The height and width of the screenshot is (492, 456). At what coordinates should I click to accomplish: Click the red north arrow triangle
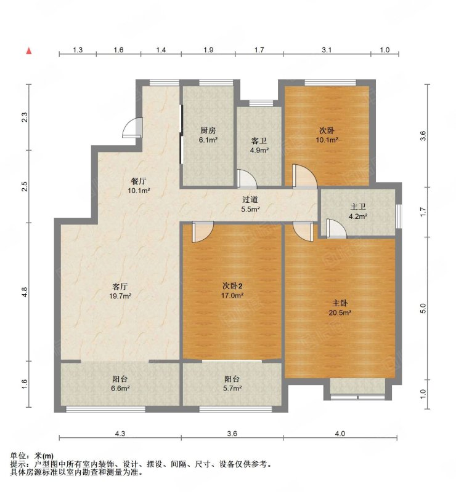click(29, 51)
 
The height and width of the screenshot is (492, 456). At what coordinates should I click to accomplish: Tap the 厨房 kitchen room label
click(208, 135)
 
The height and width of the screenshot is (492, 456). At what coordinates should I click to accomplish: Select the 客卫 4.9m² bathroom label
click(259, 146)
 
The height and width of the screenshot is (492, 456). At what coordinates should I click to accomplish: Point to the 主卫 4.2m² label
click(358, 212)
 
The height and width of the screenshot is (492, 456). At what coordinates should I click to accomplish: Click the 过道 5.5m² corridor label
click(250, 204)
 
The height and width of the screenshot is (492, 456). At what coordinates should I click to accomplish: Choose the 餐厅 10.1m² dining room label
click(139, 186)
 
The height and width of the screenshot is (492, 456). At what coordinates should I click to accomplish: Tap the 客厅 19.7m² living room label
click(120, 291)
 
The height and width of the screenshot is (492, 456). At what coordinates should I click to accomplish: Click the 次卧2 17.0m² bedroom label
click(233, 290)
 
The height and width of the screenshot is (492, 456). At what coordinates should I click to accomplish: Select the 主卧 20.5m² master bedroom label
click(340, 308)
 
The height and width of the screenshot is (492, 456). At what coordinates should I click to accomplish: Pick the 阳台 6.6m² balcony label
click(120, 383)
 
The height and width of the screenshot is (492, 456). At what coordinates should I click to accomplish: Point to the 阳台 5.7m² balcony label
click(232, 383)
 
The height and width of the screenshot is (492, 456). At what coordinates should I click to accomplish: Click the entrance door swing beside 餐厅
click(132, 127)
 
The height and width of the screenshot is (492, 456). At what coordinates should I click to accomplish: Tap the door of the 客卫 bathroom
click(247, 179)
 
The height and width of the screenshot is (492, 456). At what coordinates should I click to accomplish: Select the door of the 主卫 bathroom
click(336, 228)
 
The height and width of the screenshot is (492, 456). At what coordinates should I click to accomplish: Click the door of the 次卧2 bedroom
click(203, 232)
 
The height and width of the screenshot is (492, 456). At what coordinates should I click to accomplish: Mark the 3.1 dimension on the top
click(327, 50)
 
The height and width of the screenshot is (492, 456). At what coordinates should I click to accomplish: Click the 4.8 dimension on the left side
click(25, 292)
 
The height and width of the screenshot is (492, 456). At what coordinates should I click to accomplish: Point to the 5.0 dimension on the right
click(423, 309)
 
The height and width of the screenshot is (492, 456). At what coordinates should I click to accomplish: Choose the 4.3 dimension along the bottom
click(120, 434)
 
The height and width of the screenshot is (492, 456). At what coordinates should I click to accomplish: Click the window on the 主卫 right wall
click(399, 216)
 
